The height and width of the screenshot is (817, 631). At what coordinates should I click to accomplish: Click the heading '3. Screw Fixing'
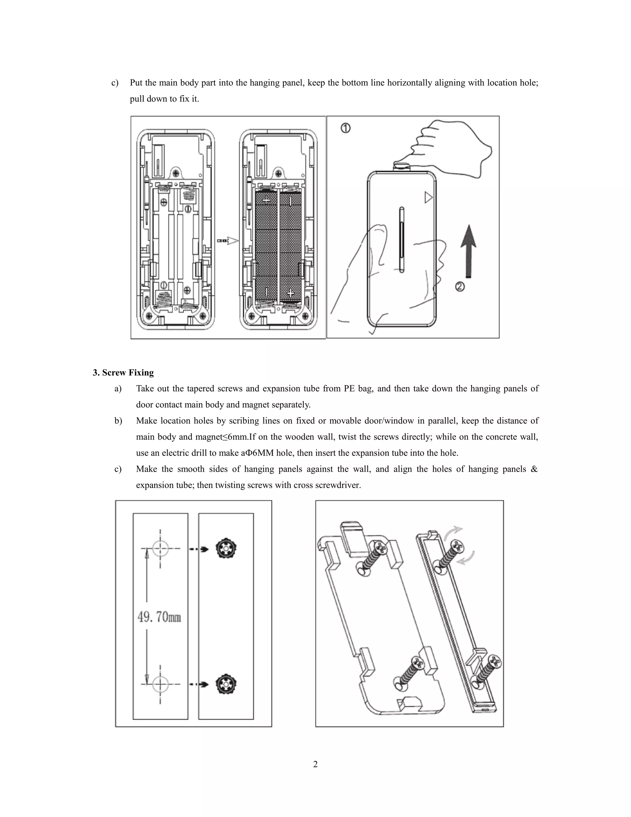[123, 373]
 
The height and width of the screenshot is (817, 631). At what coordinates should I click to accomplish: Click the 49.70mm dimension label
[159, 617]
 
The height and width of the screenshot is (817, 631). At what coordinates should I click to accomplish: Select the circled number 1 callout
[345, 128]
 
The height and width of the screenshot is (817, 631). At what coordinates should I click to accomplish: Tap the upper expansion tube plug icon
[226, 549]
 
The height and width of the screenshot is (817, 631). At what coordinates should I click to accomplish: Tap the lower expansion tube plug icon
[226, 684]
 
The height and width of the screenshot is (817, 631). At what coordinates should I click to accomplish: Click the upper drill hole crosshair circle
[160, 549]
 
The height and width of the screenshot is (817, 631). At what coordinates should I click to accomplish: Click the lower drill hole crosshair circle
[160, 684]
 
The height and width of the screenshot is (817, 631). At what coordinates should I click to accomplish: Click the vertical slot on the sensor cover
[402, 240]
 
